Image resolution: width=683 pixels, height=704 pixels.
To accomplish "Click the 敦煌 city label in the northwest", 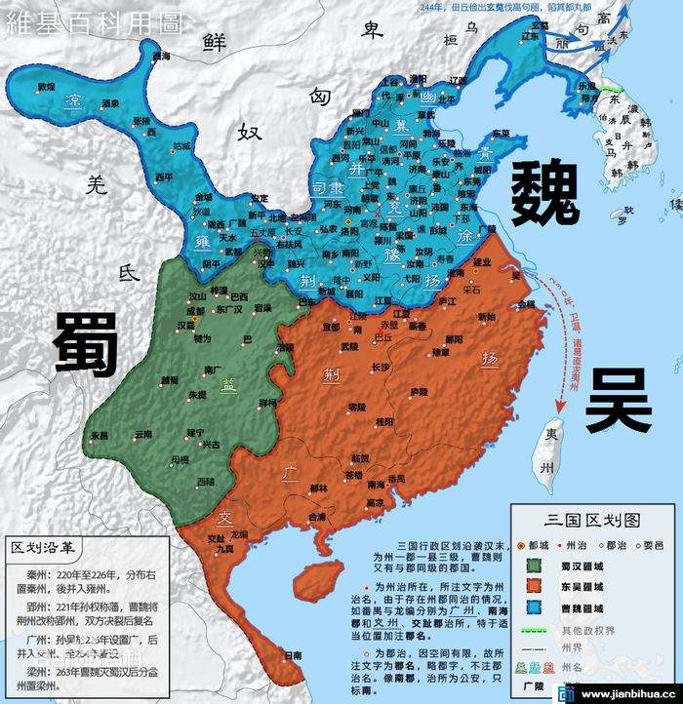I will (x=46, y=87).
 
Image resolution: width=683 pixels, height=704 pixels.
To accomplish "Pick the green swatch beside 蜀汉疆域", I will (x=535, y=565).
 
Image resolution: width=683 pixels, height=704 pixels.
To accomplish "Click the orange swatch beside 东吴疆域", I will (x=535, y=585).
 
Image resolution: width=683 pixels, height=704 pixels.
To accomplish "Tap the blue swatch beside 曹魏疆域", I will (x=535, y=606).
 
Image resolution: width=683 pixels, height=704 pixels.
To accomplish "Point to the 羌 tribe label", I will (x=95, y=183).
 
